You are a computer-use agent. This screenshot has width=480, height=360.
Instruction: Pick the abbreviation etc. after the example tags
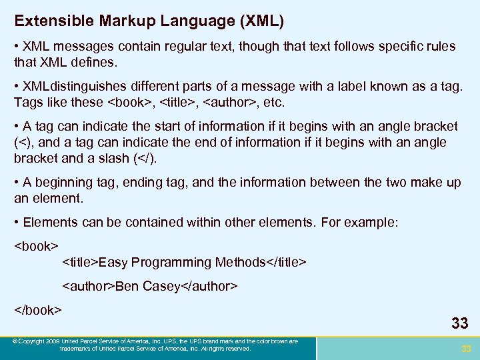(x=273, y=103)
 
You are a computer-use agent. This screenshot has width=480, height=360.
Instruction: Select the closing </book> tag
(x=38, y=311)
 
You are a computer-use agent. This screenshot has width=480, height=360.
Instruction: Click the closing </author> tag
(x=209, y=287)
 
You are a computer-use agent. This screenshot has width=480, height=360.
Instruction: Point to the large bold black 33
(x=459, y=324)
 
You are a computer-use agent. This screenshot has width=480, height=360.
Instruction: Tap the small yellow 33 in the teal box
(x=466, y=349)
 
